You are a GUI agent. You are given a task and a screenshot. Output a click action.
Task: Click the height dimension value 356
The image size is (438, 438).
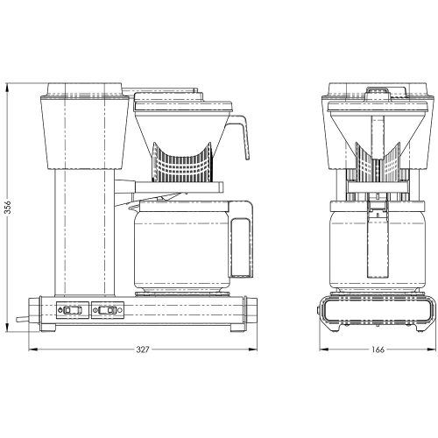click(x=8, y=208)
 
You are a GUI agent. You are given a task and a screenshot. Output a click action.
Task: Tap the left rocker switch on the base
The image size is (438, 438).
click(x=67, y=309)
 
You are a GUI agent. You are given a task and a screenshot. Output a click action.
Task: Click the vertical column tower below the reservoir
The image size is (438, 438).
click(x=82, y=232)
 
